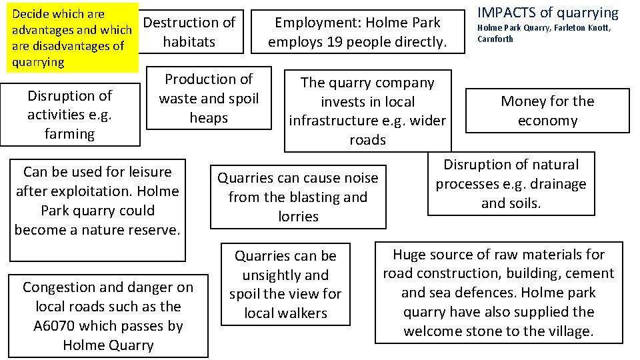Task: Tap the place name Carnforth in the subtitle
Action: point(495,39)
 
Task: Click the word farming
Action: point(69,134)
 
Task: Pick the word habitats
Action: point(189,42)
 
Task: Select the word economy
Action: point(547,121)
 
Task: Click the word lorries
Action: point(298,217)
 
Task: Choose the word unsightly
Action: point(285,275)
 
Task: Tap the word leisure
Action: point(147,172)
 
